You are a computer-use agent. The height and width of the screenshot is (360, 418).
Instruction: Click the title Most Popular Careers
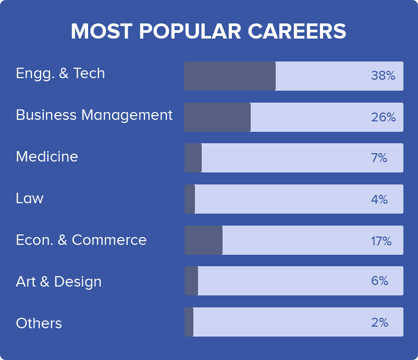click(x=208, y=32)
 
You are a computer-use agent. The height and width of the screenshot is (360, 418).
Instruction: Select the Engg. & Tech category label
click(x=60, y=73)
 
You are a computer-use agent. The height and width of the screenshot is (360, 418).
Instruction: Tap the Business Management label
click(x=94, y=115)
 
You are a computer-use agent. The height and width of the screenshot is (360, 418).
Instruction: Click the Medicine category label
click(x=47, y=157)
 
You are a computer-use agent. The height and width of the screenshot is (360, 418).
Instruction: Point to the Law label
click(x=30, y=198)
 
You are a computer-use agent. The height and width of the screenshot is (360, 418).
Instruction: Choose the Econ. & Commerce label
click(x=81, y=240)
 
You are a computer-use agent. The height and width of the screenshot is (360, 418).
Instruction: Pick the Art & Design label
click(x=59, y=282)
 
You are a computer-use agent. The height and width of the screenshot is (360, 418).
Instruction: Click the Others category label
click(x=39, y=324)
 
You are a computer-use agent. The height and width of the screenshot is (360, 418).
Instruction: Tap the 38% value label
click(x=383, y=76)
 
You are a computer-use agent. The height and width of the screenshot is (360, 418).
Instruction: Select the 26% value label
click(x=383, y=118)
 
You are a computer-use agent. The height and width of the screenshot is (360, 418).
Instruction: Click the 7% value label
click(x=379, y=158)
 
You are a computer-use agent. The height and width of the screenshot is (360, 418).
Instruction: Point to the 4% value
click(x=379, y=200)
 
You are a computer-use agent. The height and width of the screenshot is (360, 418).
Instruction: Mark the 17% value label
click(x=381, y=241)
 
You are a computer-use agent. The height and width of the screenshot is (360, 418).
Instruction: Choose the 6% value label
click(x=379, y=281)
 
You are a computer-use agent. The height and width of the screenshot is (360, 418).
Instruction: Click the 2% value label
click(x=379, y=322)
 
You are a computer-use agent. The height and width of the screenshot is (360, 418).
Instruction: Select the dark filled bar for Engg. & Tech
click(x=230, y=76)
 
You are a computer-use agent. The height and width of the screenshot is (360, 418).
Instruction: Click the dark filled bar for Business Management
click(x=217, y=117)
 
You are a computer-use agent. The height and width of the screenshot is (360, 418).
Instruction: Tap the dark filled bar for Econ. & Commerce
click(x=203, y=240)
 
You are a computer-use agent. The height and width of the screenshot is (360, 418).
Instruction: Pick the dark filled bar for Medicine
click(x=193, y=158)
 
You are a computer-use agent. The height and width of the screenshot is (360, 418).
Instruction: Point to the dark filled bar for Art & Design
click(x=191, y=281)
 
